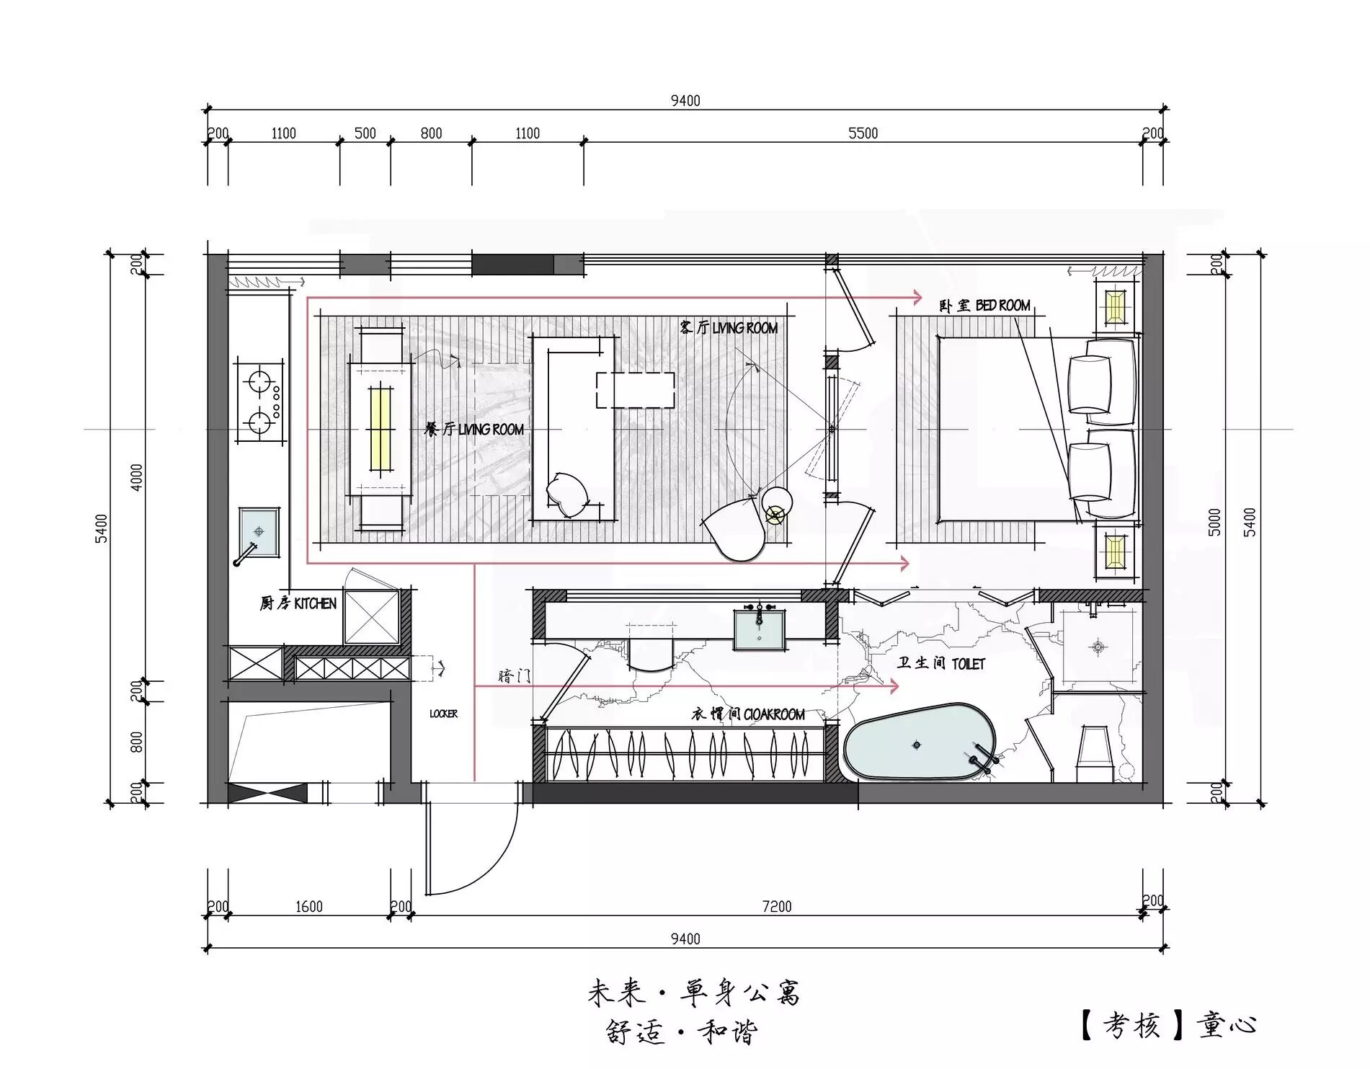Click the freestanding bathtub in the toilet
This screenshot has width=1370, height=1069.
tap(920, 742)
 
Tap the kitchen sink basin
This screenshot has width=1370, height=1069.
tap(258, 532)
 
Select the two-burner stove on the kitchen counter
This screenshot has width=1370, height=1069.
tap(258, 401)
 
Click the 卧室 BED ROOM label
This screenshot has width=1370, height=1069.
tap(984, 306)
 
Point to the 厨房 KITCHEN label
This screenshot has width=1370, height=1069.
tap(298, 603)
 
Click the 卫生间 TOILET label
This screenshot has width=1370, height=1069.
tap(940, 663)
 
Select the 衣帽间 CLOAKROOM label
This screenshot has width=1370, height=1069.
tap(748, 714)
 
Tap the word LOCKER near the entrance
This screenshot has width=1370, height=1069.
tap(443, 714)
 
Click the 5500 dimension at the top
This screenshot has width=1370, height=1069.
tap(863, 133)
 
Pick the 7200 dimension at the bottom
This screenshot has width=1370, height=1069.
tap(777, 907)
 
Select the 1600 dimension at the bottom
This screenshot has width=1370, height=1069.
tap(309, 907)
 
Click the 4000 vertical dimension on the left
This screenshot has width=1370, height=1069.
tap(137, 477)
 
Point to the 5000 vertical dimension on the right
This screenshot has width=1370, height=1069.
tap(1215, 522)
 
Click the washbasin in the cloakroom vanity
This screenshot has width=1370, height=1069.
tap(759, 629)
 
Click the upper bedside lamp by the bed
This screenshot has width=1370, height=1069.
tap(1114, 306)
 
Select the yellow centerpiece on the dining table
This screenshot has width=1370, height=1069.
tap(381, 429)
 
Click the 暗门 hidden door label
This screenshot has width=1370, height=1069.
tap(515, 676)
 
